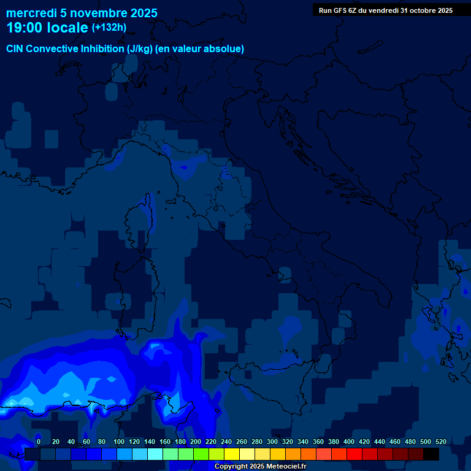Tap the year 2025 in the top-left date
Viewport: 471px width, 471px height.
[x=143, y=13]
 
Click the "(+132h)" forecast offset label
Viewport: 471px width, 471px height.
[x=109, y=28]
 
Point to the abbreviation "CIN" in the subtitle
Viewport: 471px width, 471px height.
[x=16, y=48]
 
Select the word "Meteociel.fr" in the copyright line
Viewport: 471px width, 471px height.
[x=286, y=467]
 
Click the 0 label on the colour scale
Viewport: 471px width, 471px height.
[x=39, y=442]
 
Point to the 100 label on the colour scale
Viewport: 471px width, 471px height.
[x=118, y=442]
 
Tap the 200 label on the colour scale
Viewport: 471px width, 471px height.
[x=195, y=442]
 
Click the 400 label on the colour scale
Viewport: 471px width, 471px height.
[x=348, y=442]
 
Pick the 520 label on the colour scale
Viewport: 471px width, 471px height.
[x=440, y=442]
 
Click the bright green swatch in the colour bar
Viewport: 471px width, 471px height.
[x=201, y=454]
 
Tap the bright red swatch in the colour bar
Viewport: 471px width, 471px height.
[x=354, y=454]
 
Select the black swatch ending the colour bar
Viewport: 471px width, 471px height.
[x=431, y=454]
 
